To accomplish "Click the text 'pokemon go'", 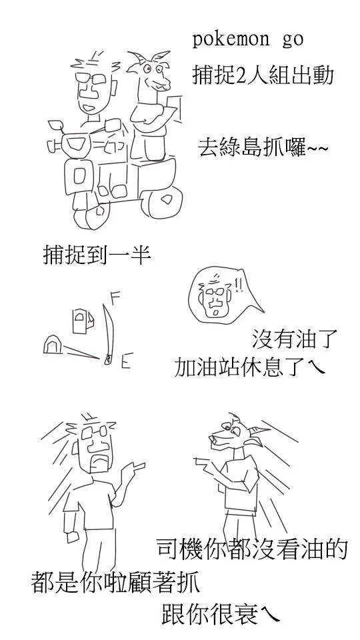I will click(x=247, y=39).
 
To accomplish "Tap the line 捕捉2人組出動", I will click(x=263, y=75).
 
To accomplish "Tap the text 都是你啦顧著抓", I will click(x=115, y=582).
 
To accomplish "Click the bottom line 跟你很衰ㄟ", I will click(x=219, y=613).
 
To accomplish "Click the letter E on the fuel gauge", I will click(x=125, y=362).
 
